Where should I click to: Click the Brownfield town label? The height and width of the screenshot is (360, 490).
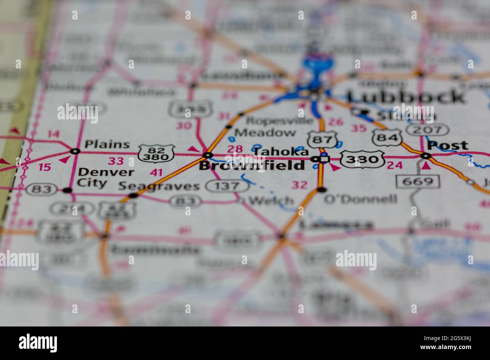click(251, 165)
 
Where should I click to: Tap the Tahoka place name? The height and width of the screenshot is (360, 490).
click(280, 152)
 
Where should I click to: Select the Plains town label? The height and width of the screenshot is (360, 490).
click(107, 144)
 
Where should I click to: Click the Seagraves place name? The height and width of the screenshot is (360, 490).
click(159, 186)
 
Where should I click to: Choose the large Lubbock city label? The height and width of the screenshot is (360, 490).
click(406, 97)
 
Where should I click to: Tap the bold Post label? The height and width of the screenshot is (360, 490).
click(448, 145)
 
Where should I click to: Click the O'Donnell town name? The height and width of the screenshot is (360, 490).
click(360, 198)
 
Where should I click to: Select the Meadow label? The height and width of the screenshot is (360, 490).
click(265, 132)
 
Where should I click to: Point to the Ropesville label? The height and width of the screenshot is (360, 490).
click(279, 121)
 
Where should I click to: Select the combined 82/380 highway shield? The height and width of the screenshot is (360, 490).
click(156, 153)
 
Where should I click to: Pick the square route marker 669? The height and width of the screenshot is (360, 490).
click(418, 182)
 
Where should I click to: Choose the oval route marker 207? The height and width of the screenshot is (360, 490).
click(427, 130)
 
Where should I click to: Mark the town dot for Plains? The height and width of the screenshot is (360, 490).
click(75, 151)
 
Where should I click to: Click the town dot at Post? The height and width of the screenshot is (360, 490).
click(426, 156)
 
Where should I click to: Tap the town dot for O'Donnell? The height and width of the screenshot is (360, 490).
click(321, 189)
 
